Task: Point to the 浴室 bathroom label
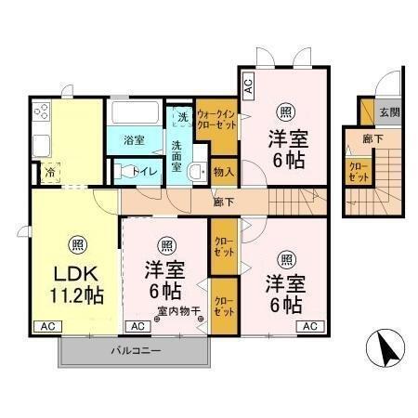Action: [x=133, y=140]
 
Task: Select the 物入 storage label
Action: [x=223, y=172]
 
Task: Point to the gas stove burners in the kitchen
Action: [x=41, y=115]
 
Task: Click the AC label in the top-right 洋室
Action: [x=248, y=88]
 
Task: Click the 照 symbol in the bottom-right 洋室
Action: [x=286, y=258]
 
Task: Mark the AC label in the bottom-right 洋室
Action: [x=308, y=326]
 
